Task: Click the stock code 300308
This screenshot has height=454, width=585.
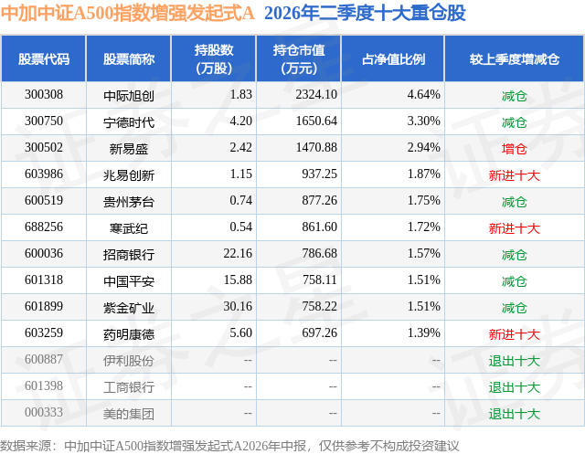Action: pyautogui.click(x=44, y=95)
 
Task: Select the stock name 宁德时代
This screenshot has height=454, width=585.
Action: pyautogui.click(x=129, y=122)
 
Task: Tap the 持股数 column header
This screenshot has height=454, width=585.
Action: pyautogui.click(x=214, y=58)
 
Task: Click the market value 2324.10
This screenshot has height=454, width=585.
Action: pyautogui.click(x=316, y=95)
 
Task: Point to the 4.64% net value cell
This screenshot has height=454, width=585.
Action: pyautogui.click(x=423, y=95)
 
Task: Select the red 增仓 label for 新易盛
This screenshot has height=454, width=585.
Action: pyautogui.click(x=514, y=149)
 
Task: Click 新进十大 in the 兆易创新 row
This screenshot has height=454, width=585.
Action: pyautogui.click(x=514, y=175)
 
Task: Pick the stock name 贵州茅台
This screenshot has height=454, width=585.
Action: pyautogui.click(x=129, y=202)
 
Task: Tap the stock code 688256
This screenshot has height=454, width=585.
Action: pyautogui.click(x=44, y=227)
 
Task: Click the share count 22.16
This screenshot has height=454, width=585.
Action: pyautogui.click(x=238, y=253)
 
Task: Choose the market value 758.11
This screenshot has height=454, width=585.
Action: pyautogui.click(x=320, y=280)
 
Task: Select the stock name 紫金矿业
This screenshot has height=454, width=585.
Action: pyautogui.click(x=129, y=308)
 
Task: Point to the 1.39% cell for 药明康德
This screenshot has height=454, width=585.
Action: pyautogui.click(x=423, y=333)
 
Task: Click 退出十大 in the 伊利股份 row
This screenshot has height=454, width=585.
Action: pyautogui.click(x=514, y=361)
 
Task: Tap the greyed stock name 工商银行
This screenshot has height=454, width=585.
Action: pyautogui.click(x=129, y=387)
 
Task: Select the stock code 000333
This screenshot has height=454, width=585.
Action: pyautogui.click(x=44, y=412)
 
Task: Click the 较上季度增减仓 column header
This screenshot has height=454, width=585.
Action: pyautogui.click(x=514, y=58)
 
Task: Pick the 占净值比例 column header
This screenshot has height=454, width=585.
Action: pyautogui.click(x=393, y=58)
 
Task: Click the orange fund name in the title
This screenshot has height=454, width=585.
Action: pyautogui.click(x=128, y=14)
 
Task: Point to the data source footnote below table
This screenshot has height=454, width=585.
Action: pyautogui.click(x=229, y=446)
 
